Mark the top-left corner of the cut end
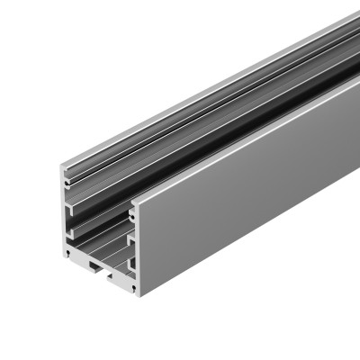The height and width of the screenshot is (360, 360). coord(62,166)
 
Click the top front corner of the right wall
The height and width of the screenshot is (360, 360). coord(134,206)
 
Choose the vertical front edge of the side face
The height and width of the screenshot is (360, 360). coord(137,252)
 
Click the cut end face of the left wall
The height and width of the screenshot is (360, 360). coord(66,216)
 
